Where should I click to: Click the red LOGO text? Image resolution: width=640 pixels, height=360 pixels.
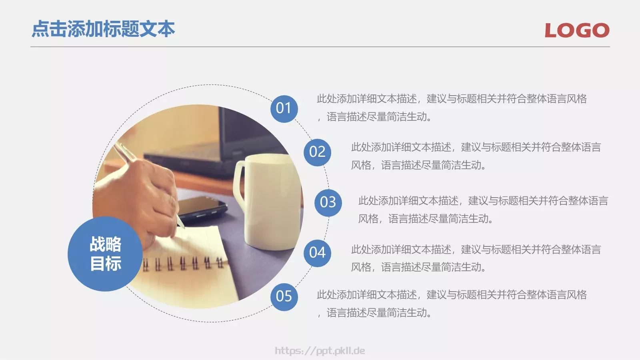click(577, 30)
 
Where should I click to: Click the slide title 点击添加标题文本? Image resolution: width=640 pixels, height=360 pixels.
click(103, 29)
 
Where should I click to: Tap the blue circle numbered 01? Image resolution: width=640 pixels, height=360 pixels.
click(284, 108)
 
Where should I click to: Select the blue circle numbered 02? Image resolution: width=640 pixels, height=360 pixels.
click(317, 152)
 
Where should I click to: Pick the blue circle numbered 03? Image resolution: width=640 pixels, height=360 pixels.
click(328, 202)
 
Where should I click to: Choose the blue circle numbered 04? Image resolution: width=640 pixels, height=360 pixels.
click(317, 253)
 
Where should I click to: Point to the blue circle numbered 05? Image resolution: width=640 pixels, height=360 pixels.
click(284, 296)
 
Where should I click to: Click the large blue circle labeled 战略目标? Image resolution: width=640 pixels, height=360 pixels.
click(105, 254)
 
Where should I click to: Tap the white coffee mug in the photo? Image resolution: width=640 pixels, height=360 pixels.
click(272, 200)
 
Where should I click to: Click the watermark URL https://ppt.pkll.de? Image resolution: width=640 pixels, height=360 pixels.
click(320, 351)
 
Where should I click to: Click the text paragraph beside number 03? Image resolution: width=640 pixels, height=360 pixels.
click(483, 210)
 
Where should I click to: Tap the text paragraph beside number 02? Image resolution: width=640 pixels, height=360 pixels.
click(476, 156)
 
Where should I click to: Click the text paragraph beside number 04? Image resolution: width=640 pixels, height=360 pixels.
click(476, 258)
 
